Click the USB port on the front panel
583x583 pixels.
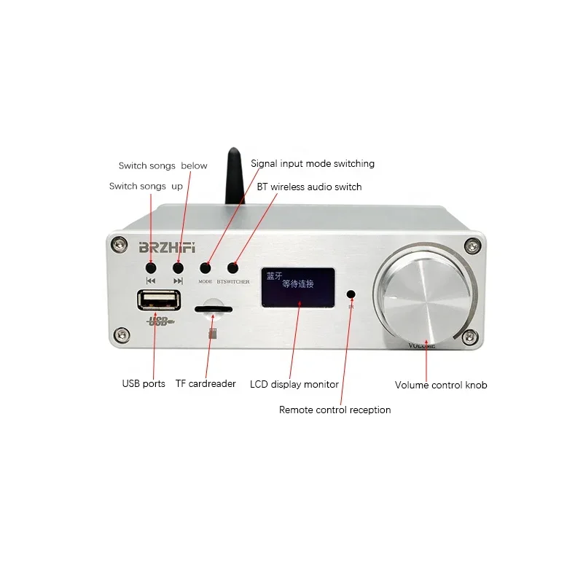click(157, 302)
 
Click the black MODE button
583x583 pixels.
click(206, 268)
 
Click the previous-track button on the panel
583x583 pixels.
click(151, 267)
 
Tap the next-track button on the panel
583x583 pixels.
click(178, 267)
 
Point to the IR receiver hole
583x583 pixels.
click(351, 294)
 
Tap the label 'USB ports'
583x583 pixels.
click(144, 383)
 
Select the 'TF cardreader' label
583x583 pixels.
click(206, 383)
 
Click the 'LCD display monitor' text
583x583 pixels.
click(294, 384)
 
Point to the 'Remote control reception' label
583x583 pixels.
click(334, 410)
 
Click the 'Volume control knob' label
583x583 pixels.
click(440, 385)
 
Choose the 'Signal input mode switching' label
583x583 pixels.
click(312, 164)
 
